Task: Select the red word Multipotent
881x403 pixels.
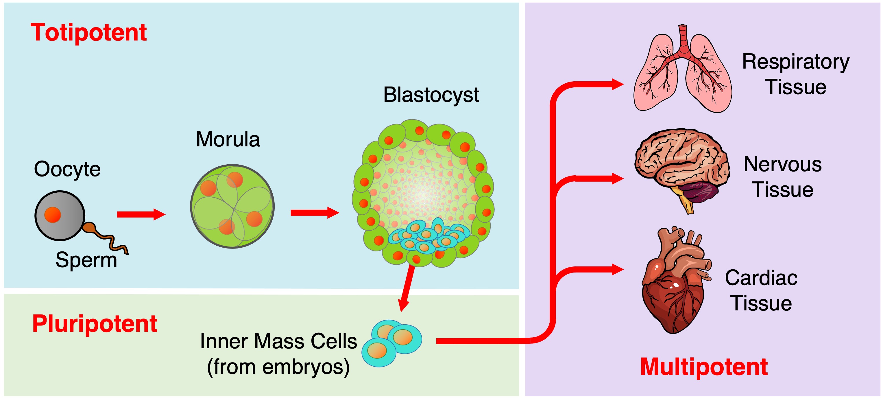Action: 704,367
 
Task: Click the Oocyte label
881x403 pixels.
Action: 67,169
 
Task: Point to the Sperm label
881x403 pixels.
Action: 86,260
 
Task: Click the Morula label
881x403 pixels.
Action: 228,139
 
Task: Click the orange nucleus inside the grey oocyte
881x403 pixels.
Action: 52,215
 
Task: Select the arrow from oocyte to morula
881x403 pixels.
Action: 141,214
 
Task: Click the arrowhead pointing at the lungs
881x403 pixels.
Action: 617,84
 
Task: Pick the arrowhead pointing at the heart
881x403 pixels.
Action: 617,270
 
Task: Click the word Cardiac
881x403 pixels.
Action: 761,278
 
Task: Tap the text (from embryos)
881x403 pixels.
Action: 278,367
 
